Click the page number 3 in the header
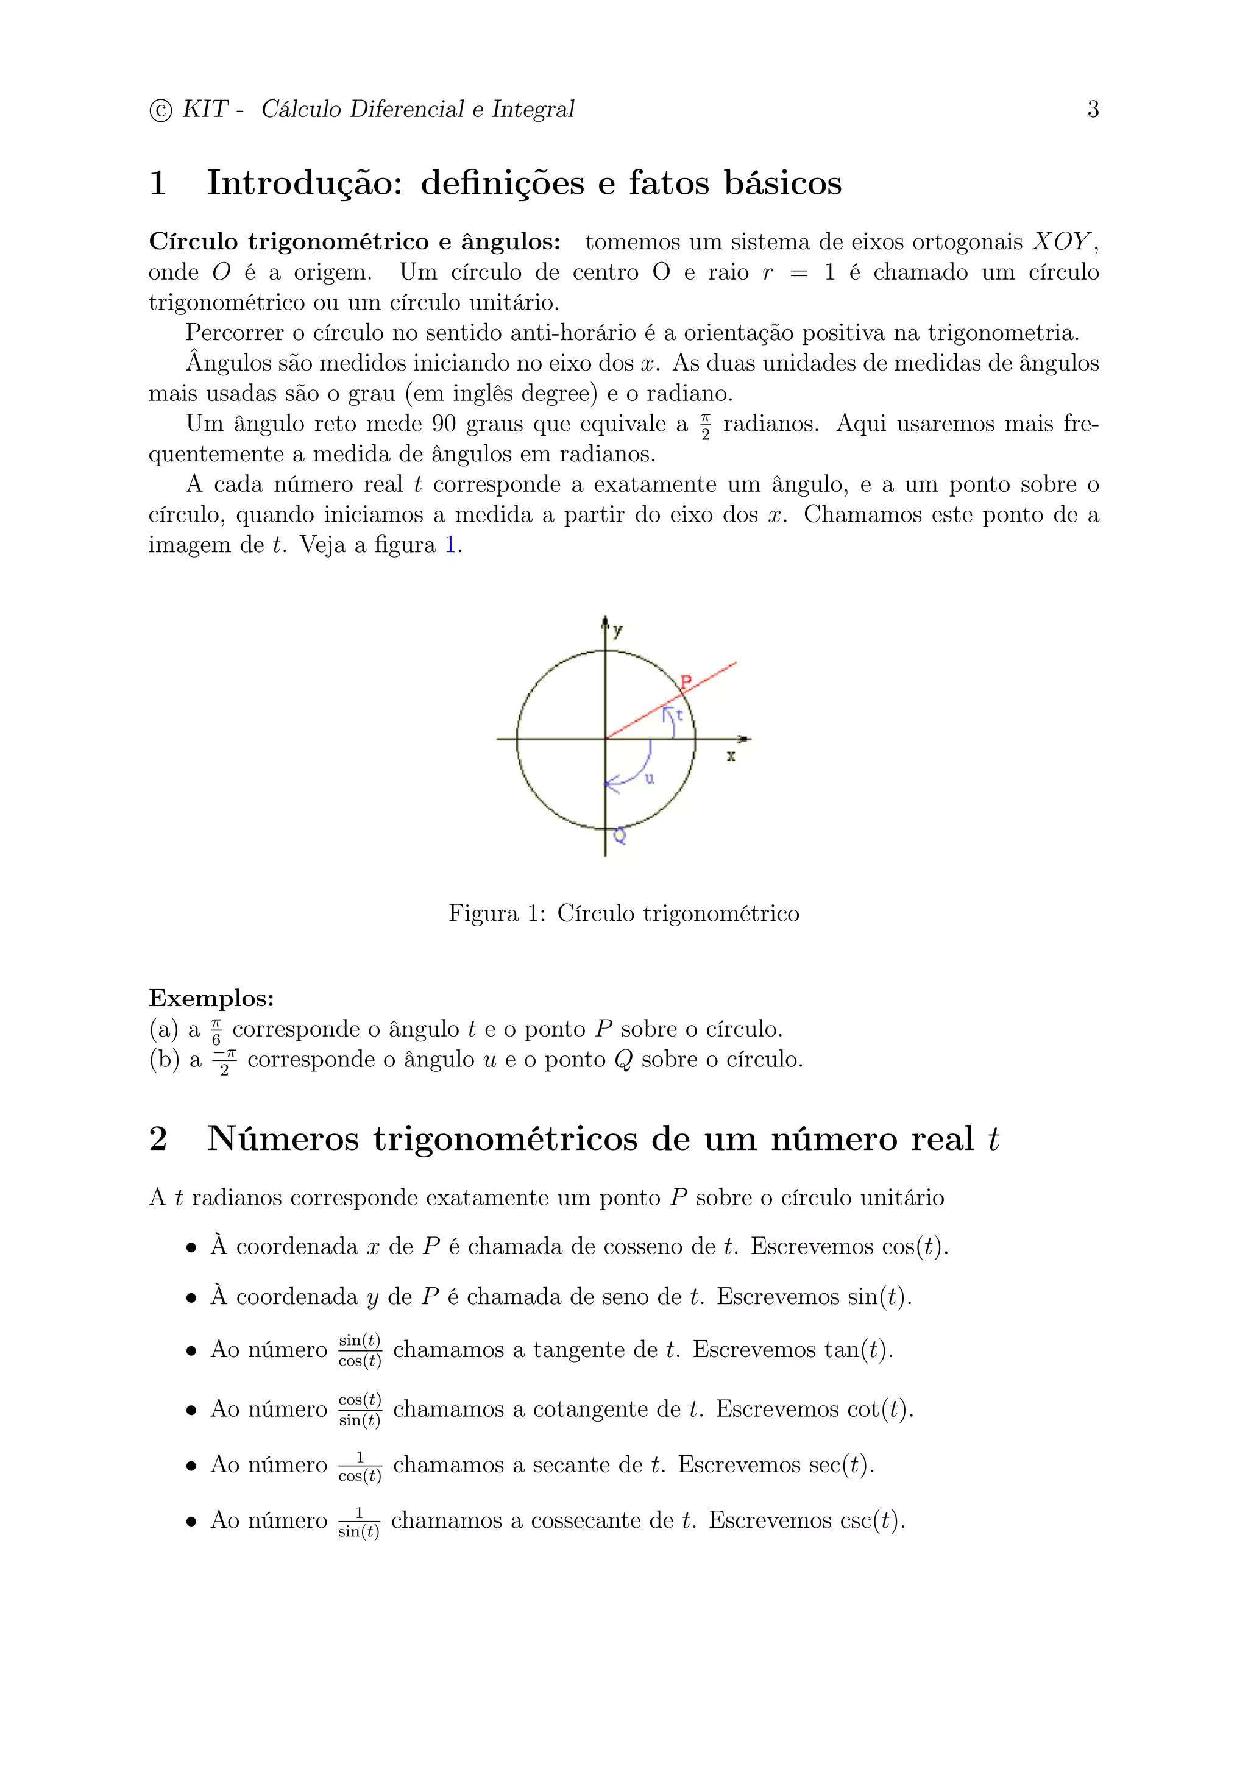(x=1093, y=109)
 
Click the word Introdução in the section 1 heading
(x=305, y=183)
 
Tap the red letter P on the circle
(x=686, y=681)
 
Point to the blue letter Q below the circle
(x=619, y=836)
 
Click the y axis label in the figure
(x=617, y=631)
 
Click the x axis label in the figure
(x=731, y=756)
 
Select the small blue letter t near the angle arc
(x=679, y=715)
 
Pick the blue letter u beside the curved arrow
(x=649, y=778)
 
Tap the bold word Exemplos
(x=211, y=998)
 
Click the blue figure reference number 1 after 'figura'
(x=450, y=545)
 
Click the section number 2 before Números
(x=158, y=1138)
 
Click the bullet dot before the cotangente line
(x=191, y=1411)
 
